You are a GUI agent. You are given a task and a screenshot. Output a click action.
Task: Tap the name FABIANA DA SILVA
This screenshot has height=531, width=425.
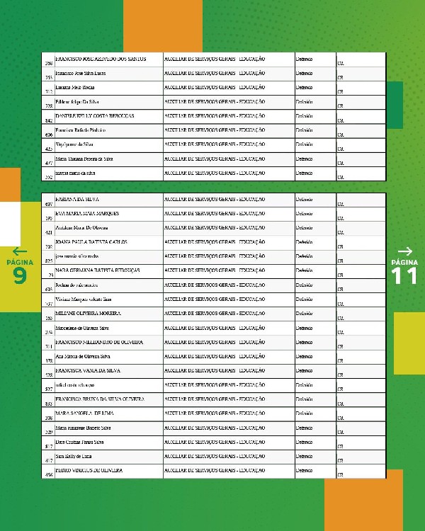tap(78, 199)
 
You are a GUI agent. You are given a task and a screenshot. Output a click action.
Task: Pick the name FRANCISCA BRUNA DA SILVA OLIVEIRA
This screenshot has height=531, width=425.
tap(99, 398)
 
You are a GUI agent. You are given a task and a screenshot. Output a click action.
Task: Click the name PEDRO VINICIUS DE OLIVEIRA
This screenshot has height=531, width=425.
tap(89, 469)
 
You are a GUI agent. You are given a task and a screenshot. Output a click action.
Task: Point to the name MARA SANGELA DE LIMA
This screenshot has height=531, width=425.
tap(84, 412)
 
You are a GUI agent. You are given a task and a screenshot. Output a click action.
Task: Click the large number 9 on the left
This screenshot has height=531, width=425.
tap(20, 275)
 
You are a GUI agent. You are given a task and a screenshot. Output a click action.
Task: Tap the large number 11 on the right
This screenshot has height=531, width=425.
tap(405, 275)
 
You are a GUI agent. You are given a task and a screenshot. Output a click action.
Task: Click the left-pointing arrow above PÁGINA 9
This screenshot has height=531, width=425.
tap(20, 251)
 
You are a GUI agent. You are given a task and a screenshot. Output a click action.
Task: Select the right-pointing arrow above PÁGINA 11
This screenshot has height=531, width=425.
tap(405, 251)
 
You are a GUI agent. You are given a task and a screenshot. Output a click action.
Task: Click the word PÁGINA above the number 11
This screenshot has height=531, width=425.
tap(405, 262)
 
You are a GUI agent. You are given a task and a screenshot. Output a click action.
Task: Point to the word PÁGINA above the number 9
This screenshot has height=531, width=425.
tap(20, 262)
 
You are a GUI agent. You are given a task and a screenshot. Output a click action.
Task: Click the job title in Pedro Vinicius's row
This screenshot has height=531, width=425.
tap(214, 469)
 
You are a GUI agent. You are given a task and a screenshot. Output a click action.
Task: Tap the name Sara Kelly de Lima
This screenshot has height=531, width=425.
tap(73, 455)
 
